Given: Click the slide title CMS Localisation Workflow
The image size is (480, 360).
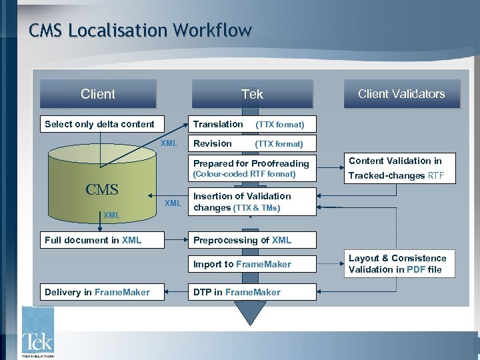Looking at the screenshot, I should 140,31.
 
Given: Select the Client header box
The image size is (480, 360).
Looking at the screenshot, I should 98,94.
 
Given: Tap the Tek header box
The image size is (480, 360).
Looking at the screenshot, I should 251,94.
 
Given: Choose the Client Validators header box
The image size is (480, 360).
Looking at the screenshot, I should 401,94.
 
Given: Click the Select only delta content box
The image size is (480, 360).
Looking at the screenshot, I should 99,124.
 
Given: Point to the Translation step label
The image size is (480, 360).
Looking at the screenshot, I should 218,124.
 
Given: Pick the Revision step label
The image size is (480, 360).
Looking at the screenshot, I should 213,143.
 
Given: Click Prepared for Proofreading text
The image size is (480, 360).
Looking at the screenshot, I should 251,163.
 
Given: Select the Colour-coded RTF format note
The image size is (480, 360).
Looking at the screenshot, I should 244,175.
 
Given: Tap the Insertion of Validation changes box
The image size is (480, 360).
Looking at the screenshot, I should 243,202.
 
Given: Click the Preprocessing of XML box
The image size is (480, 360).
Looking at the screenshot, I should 243,240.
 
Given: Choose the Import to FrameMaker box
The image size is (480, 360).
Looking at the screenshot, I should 243,264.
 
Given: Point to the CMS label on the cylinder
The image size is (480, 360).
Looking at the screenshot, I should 101,189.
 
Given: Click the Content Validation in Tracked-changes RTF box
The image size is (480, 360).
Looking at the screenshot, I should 401,168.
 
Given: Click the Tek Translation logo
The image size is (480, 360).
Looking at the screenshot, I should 37,333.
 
